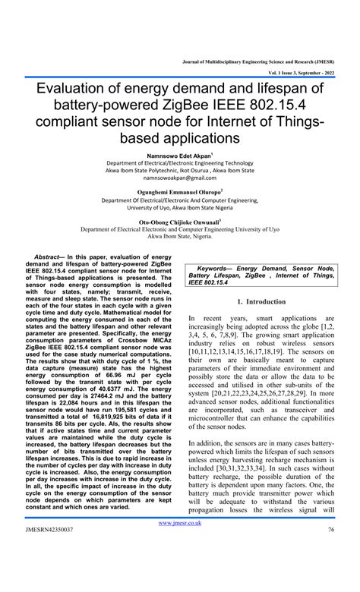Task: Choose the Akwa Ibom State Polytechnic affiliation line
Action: (179, 171)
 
